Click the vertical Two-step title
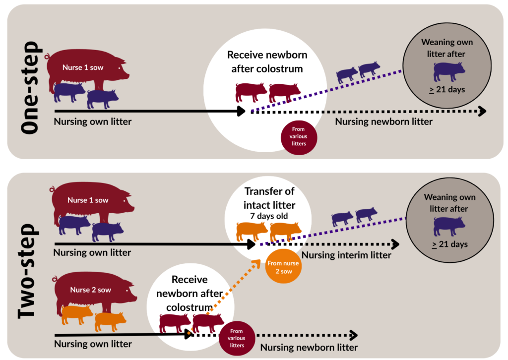coord(28,271)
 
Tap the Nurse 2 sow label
coord(91,290)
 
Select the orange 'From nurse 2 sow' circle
coord(283,266)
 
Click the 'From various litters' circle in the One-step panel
coord(299,137)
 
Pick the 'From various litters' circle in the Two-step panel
coord(237,338)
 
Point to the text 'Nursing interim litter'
coord(346,255)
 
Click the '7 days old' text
coord(269,216)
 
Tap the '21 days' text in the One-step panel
coord(447,90)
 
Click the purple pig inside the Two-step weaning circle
coord(449,226)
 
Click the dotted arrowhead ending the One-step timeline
coord(482,111)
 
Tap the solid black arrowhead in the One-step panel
coord(242,111)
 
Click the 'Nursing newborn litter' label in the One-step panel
coord(383,121)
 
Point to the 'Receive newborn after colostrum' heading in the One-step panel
coord(267,62)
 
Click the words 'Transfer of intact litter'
coord(269,198)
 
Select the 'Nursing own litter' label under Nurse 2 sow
coord(93,344)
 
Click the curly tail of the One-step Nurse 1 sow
coord(47,57)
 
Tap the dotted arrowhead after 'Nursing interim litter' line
coord(395,244)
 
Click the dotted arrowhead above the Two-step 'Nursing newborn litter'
coord(354,335)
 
